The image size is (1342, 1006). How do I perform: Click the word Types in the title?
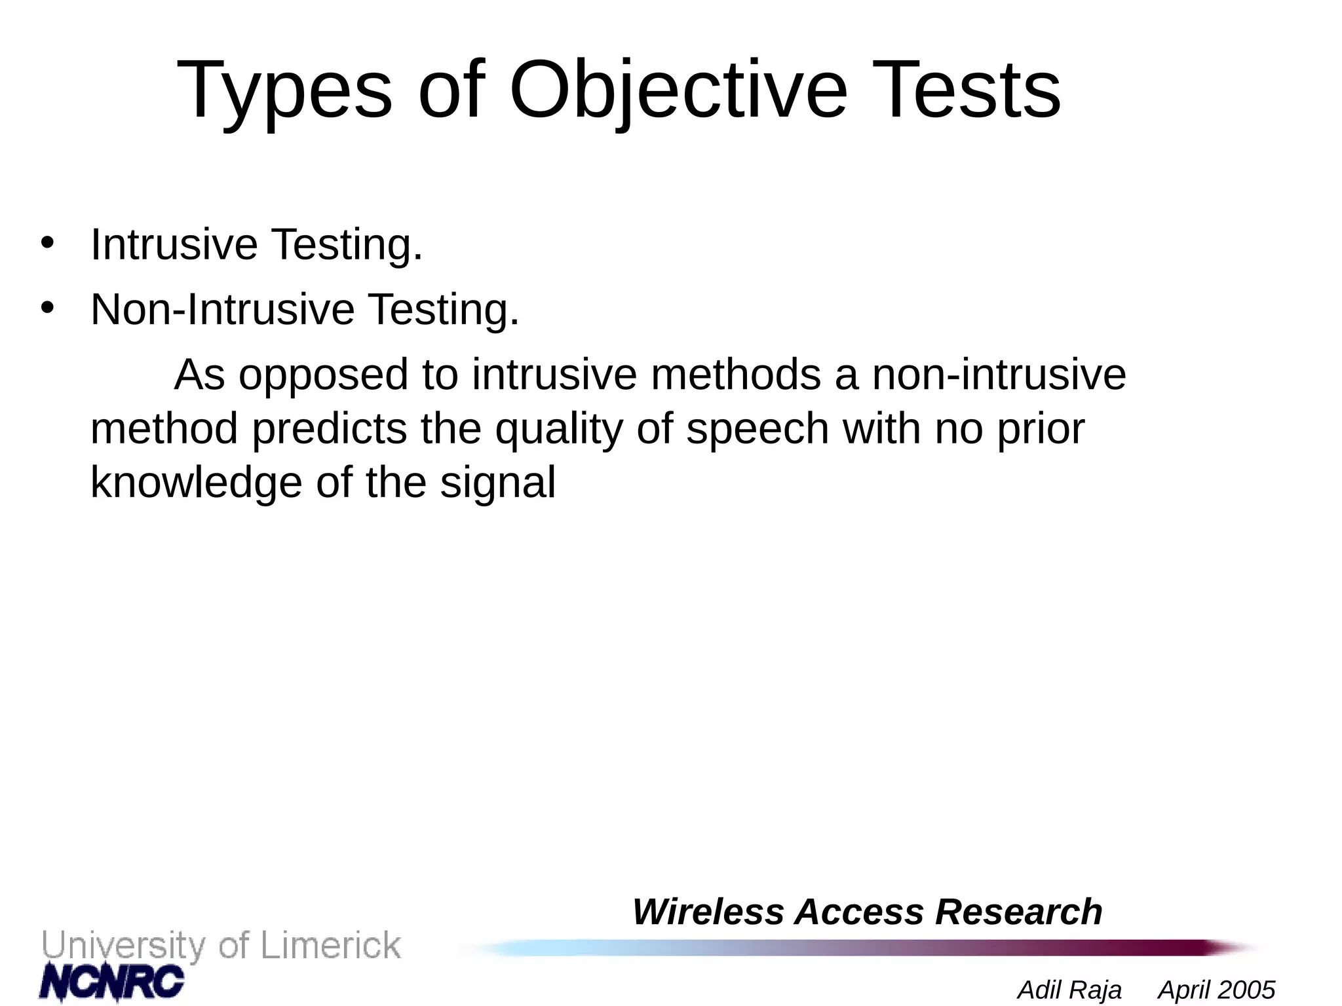pyautogui.click(x=284, y=92)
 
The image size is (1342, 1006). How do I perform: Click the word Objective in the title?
pyautogui.click(x=678, y=92)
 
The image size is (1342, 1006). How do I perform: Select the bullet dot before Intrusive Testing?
pyautogui.click(x=47, y=242)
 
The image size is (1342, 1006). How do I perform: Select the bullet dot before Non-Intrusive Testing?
pyautogui.click(x=47, y=307)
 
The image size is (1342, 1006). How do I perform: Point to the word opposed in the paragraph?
pyautogui.click(x=323, y=376)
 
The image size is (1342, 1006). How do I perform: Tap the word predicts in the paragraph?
pyautogui.click(x=330, y=430)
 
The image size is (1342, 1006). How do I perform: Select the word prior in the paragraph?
pyautogui.click(x=1041, y=430)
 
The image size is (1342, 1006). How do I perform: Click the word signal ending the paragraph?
pyautogui.click(x=497, y=483)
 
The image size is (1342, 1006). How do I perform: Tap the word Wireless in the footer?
pyautogui.click(x=708, y=912)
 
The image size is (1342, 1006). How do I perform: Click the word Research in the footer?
pyautogui.click(x=1018, y=912)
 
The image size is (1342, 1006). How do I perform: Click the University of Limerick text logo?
pyautogui.click(x=221, y=946)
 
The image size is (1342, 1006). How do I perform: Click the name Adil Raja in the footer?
pyautogui.click(x=1069, y=990)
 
